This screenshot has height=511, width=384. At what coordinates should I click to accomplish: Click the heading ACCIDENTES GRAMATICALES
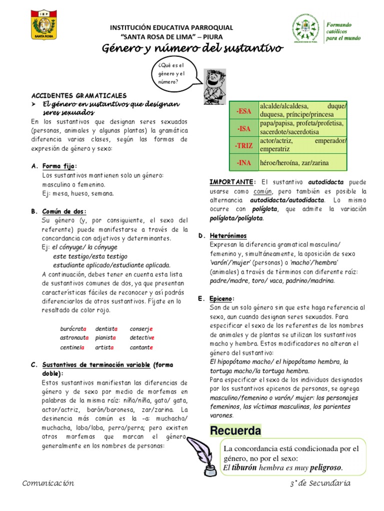tap(79, 95)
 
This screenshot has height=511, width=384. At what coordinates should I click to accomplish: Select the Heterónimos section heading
tap(228, 235)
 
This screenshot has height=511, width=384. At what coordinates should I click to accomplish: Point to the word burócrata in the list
tap(73, 328)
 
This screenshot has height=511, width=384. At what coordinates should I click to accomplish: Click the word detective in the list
tap(142, 338)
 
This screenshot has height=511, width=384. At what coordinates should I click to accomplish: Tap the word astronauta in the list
tap(74, 338)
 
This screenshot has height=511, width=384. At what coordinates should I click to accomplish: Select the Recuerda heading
tap(235, 430)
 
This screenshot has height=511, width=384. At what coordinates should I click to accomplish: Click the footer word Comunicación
tap(48, 483)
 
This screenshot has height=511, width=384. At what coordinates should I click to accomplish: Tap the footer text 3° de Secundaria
tap(320, 483)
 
